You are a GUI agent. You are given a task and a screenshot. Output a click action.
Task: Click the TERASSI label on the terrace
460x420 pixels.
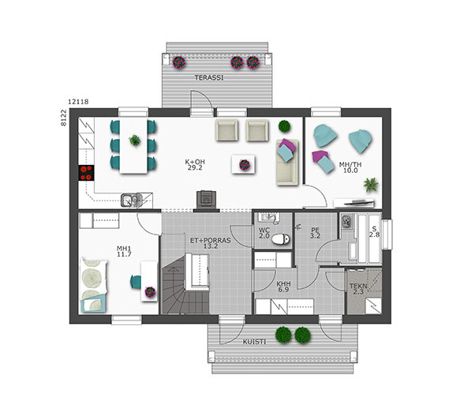tap(209, 78)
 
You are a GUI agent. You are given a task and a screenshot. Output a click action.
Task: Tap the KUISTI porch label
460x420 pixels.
tap(254, 342)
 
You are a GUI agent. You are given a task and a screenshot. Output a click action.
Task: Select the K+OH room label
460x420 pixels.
tap(195, 162)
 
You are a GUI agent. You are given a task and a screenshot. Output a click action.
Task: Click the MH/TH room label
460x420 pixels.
tap(350, 164)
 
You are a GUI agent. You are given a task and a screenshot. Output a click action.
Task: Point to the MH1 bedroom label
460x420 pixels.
tap(124, 249)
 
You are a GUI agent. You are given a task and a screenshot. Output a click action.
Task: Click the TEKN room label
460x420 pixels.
tap(358, 286)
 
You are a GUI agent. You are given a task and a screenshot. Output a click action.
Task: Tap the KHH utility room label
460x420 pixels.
tap(284, 283)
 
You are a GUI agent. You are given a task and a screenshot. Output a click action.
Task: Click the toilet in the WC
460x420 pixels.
tap(281, 239)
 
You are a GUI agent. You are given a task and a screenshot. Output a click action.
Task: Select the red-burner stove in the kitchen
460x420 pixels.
tap(86, 173)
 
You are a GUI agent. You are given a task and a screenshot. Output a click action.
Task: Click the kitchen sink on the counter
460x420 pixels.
tap(131, 201)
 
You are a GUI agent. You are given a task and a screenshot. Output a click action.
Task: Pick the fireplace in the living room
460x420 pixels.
tap(206, 201)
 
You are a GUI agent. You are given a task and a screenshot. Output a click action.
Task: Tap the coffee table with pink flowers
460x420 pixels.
tap(243, 165)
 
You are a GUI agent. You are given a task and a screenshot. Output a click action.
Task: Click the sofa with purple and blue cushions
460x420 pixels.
tap(287, 163)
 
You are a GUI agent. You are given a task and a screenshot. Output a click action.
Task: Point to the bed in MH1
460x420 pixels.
tap(94, 285)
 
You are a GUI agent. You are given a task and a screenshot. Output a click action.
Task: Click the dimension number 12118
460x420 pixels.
tap(78, 102)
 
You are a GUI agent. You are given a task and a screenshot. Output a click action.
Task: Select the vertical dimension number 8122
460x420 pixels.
tap(64, 118)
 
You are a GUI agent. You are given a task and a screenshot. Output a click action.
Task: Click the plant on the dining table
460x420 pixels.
tap(134, 140)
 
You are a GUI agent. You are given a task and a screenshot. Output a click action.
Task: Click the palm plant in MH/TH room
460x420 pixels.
tap(371, 185)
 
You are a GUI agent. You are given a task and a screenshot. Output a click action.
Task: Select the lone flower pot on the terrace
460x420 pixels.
tap(179, 62)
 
